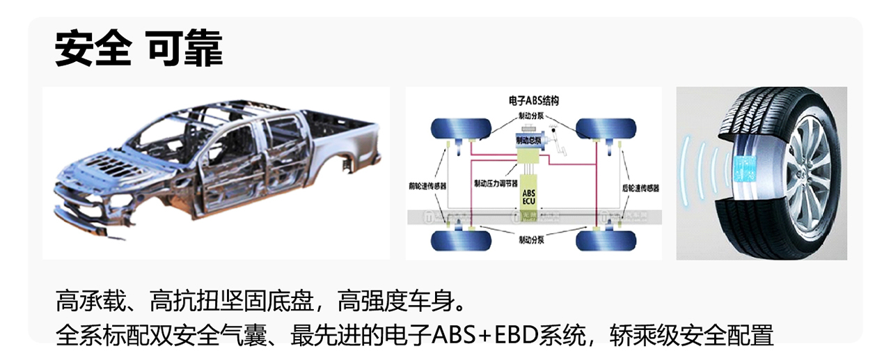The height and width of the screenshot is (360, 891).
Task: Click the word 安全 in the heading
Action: (93, 48)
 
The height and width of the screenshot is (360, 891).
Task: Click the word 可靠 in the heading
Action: (184, 48)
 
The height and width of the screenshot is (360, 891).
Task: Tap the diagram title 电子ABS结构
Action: (534, 100)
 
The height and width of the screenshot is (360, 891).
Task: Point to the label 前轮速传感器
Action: (427, 187)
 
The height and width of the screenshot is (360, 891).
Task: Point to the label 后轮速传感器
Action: (640, 187)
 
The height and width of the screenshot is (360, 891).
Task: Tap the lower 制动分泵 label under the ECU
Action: (533, 239)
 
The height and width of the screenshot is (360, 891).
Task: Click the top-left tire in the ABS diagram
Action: (455, 128)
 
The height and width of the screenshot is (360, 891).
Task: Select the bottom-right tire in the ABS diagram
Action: (606, 241)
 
